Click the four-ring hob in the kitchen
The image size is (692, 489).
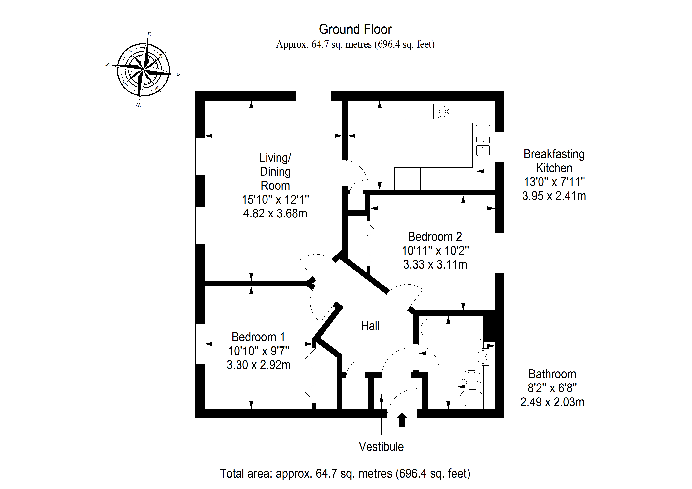click(x=442, y=111)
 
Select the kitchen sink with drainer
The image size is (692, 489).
click(x=483, y=141)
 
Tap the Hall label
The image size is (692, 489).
click(x=370, y=326)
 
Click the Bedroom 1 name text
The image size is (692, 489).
click(x=258, y=337)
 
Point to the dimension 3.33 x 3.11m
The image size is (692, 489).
click(x=435, y=265)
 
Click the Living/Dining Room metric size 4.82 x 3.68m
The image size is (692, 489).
click(x=275, y=213)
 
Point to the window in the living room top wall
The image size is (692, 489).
click(x=313, y=96)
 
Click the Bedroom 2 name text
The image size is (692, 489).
click(x=435, y=237)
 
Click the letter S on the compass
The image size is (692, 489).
click(x=179, y=75)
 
